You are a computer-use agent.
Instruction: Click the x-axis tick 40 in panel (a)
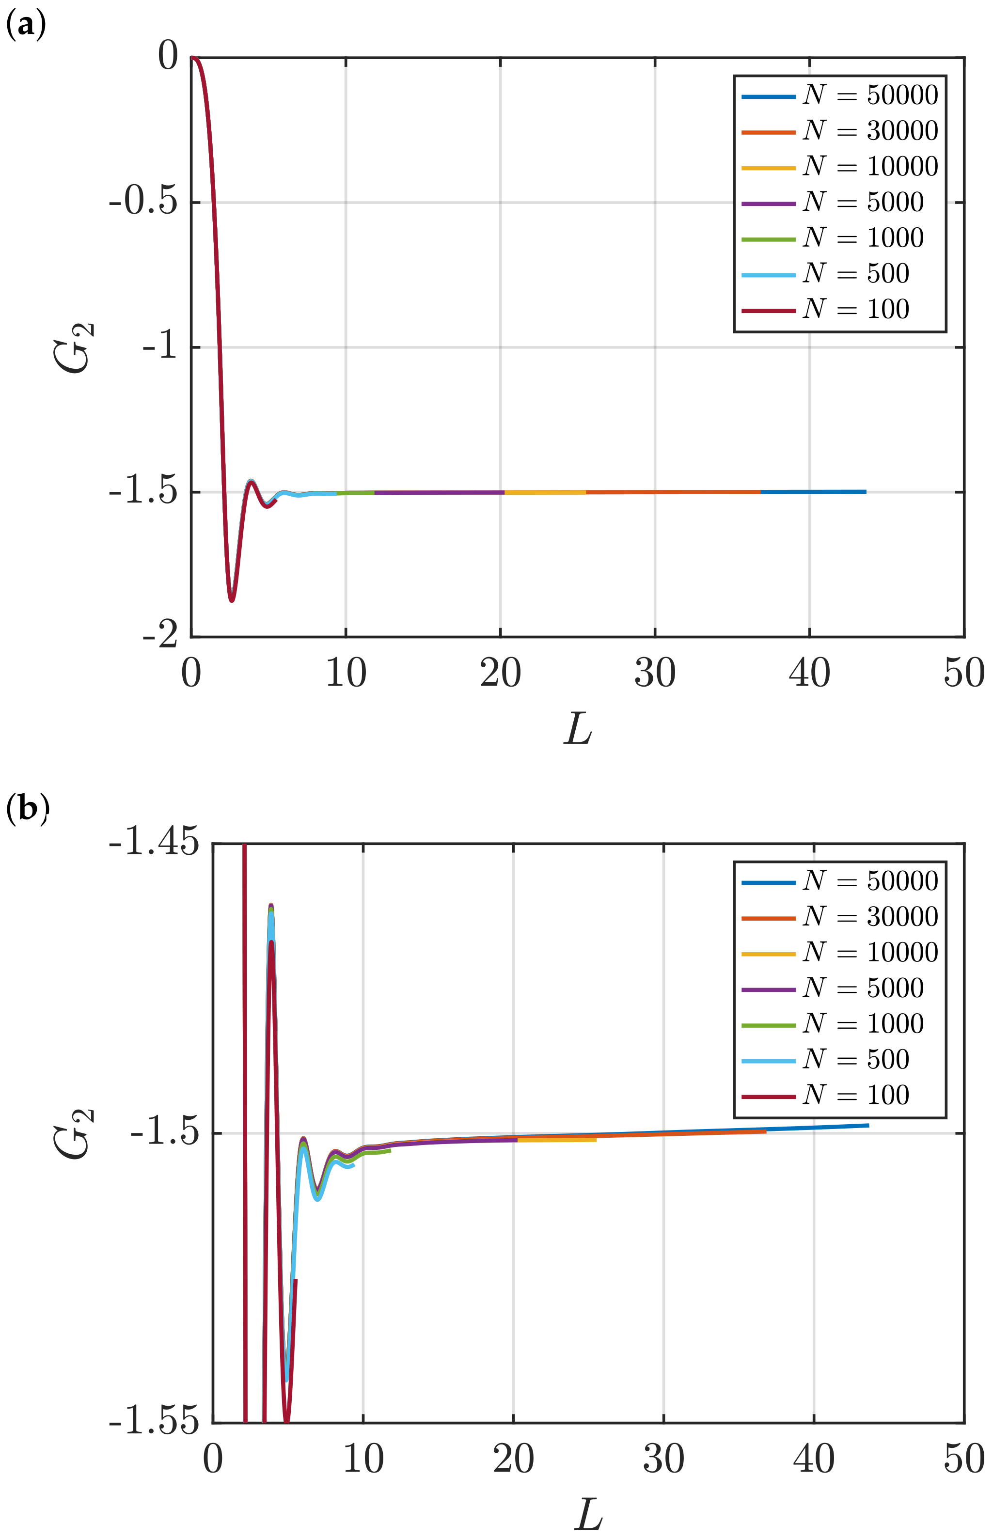[809, 673]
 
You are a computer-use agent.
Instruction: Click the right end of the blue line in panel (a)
[866, 492]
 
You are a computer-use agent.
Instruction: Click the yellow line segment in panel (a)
[545, 492]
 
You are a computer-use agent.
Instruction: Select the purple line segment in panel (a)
[439, 492]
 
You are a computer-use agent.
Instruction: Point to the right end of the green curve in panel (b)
[390, 1151]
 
